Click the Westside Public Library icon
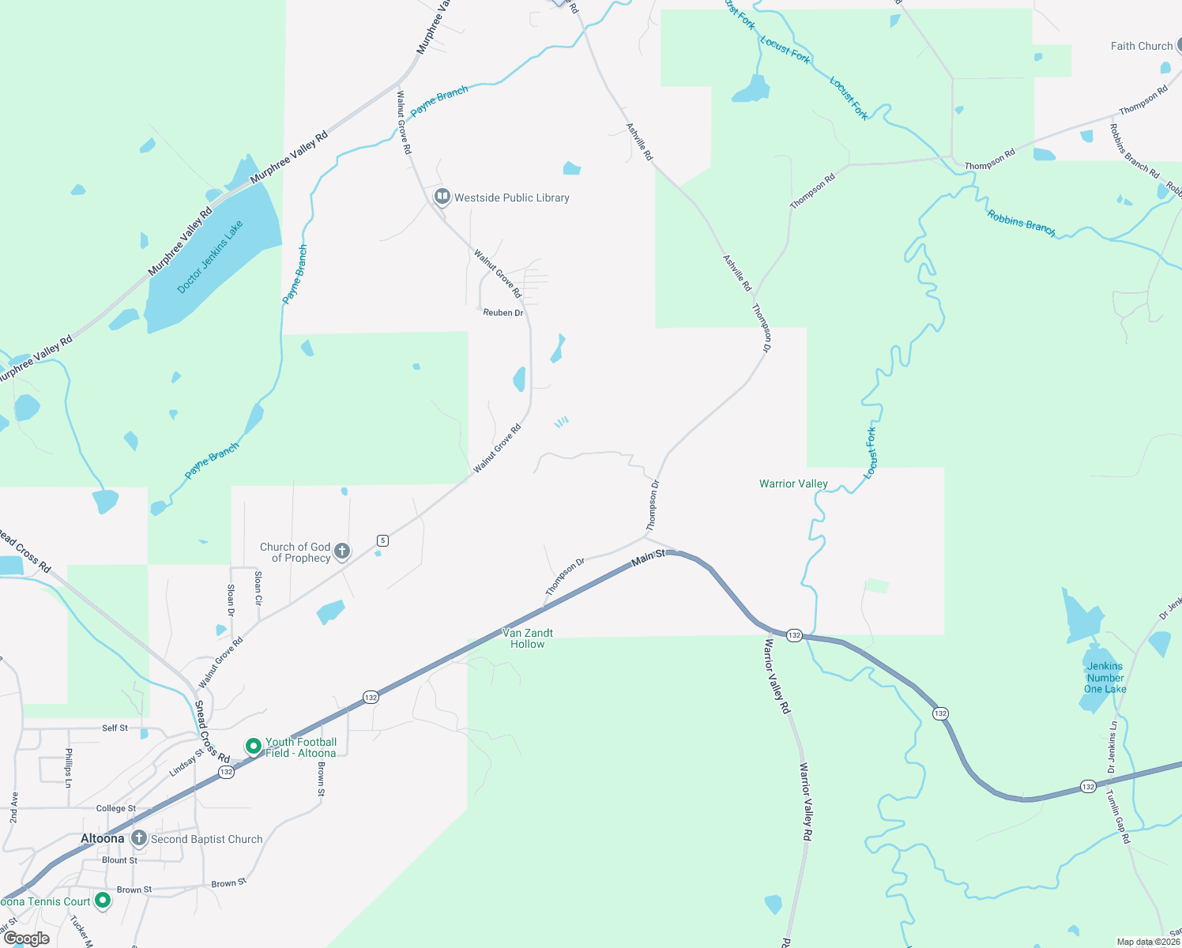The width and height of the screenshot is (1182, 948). click(442, 197)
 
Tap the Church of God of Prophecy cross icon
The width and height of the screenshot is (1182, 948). click(342, 551)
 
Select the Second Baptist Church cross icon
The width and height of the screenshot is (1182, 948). click(139, 838)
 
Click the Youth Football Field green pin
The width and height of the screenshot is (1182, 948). click(254, 747)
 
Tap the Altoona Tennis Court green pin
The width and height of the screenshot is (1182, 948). click(103, 901)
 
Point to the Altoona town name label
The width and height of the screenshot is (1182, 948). click(102, 838)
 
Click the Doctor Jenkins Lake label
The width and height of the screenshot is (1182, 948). click(210, 257)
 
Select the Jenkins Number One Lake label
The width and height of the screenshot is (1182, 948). click(1105, 678)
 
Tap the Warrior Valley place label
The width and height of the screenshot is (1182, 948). click(793, 483)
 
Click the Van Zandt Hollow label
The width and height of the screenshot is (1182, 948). click(528, 638)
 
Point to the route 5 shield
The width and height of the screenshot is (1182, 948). click(383, 540)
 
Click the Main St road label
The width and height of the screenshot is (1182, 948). click(648, 558)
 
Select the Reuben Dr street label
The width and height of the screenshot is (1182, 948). click(503, 313)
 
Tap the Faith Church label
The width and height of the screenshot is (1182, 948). click(1141, 46)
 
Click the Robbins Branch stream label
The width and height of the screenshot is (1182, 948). click(1021, 223)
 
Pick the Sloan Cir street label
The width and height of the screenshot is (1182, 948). click(258, 589)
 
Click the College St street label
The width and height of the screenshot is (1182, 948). click(116, 808)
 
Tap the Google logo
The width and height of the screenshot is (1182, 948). click(26, 939)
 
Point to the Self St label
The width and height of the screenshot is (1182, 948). click(115, 728)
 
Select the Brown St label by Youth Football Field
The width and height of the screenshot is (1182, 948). click(321, 779)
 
